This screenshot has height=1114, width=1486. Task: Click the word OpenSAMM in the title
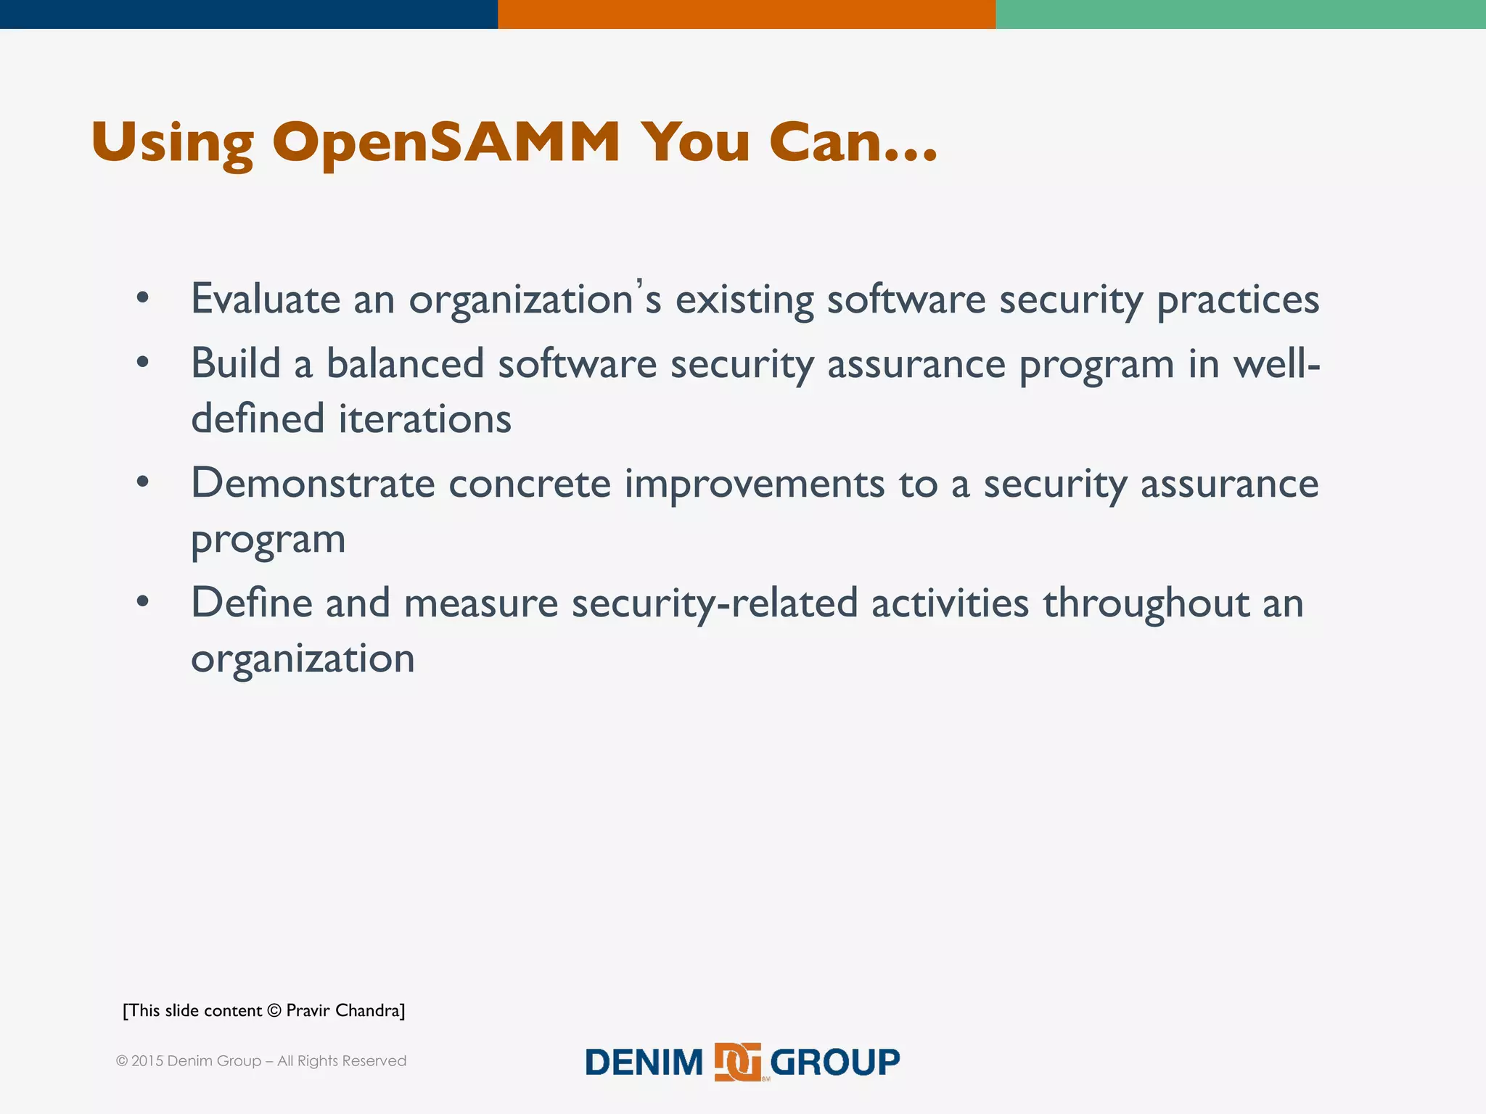pos(446,142)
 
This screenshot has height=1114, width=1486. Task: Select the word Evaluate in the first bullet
pos(265,299)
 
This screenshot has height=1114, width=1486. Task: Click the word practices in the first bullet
pos(1237,300)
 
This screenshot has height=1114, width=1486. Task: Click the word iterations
pos(424,419)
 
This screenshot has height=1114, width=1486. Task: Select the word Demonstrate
pos(312,484)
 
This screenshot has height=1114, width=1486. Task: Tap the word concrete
pos(529,484)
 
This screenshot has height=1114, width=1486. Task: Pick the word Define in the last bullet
pos(251,603)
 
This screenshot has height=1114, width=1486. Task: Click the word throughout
pos(1146,604)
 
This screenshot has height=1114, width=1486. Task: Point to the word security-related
pos(714,604)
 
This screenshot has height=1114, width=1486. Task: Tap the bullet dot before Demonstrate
pos(142,482)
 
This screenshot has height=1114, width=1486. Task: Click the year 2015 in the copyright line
pos(147,1061)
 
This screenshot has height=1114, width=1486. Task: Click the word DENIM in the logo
pos(644,1063)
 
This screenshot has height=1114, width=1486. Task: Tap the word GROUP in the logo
pos(834,1063)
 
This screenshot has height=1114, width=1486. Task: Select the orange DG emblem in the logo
pos(738,1063)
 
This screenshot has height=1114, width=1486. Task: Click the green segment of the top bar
pos(1240,14)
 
